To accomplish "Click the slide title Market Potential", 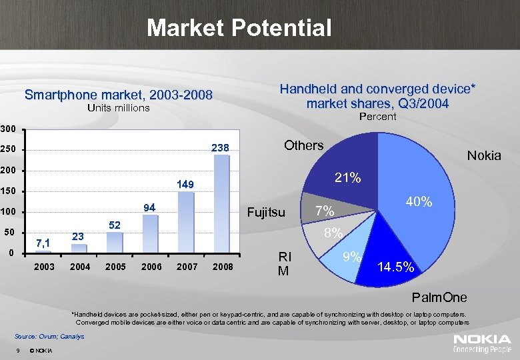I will tap(239, 28).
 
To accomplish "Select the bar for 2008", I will tap(221, 204).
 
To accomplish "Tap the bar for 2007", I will tap(186, 223).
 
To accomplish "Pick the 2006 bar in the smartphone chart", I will tap(151, 233).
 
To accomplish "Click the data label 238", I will tap(220, 147).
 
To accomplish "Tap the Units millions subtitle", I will tap(119, 108).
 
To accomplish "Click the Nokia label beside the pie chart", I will tap(484, 155).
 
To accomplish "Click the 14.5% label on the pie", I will tap(397, 267).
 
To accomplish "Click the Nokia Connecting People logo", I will tap(483, 343).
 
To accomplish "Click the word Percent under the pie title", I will tap(377, 117).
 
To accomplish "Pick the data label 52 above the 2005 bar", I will tap(114, 226).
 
